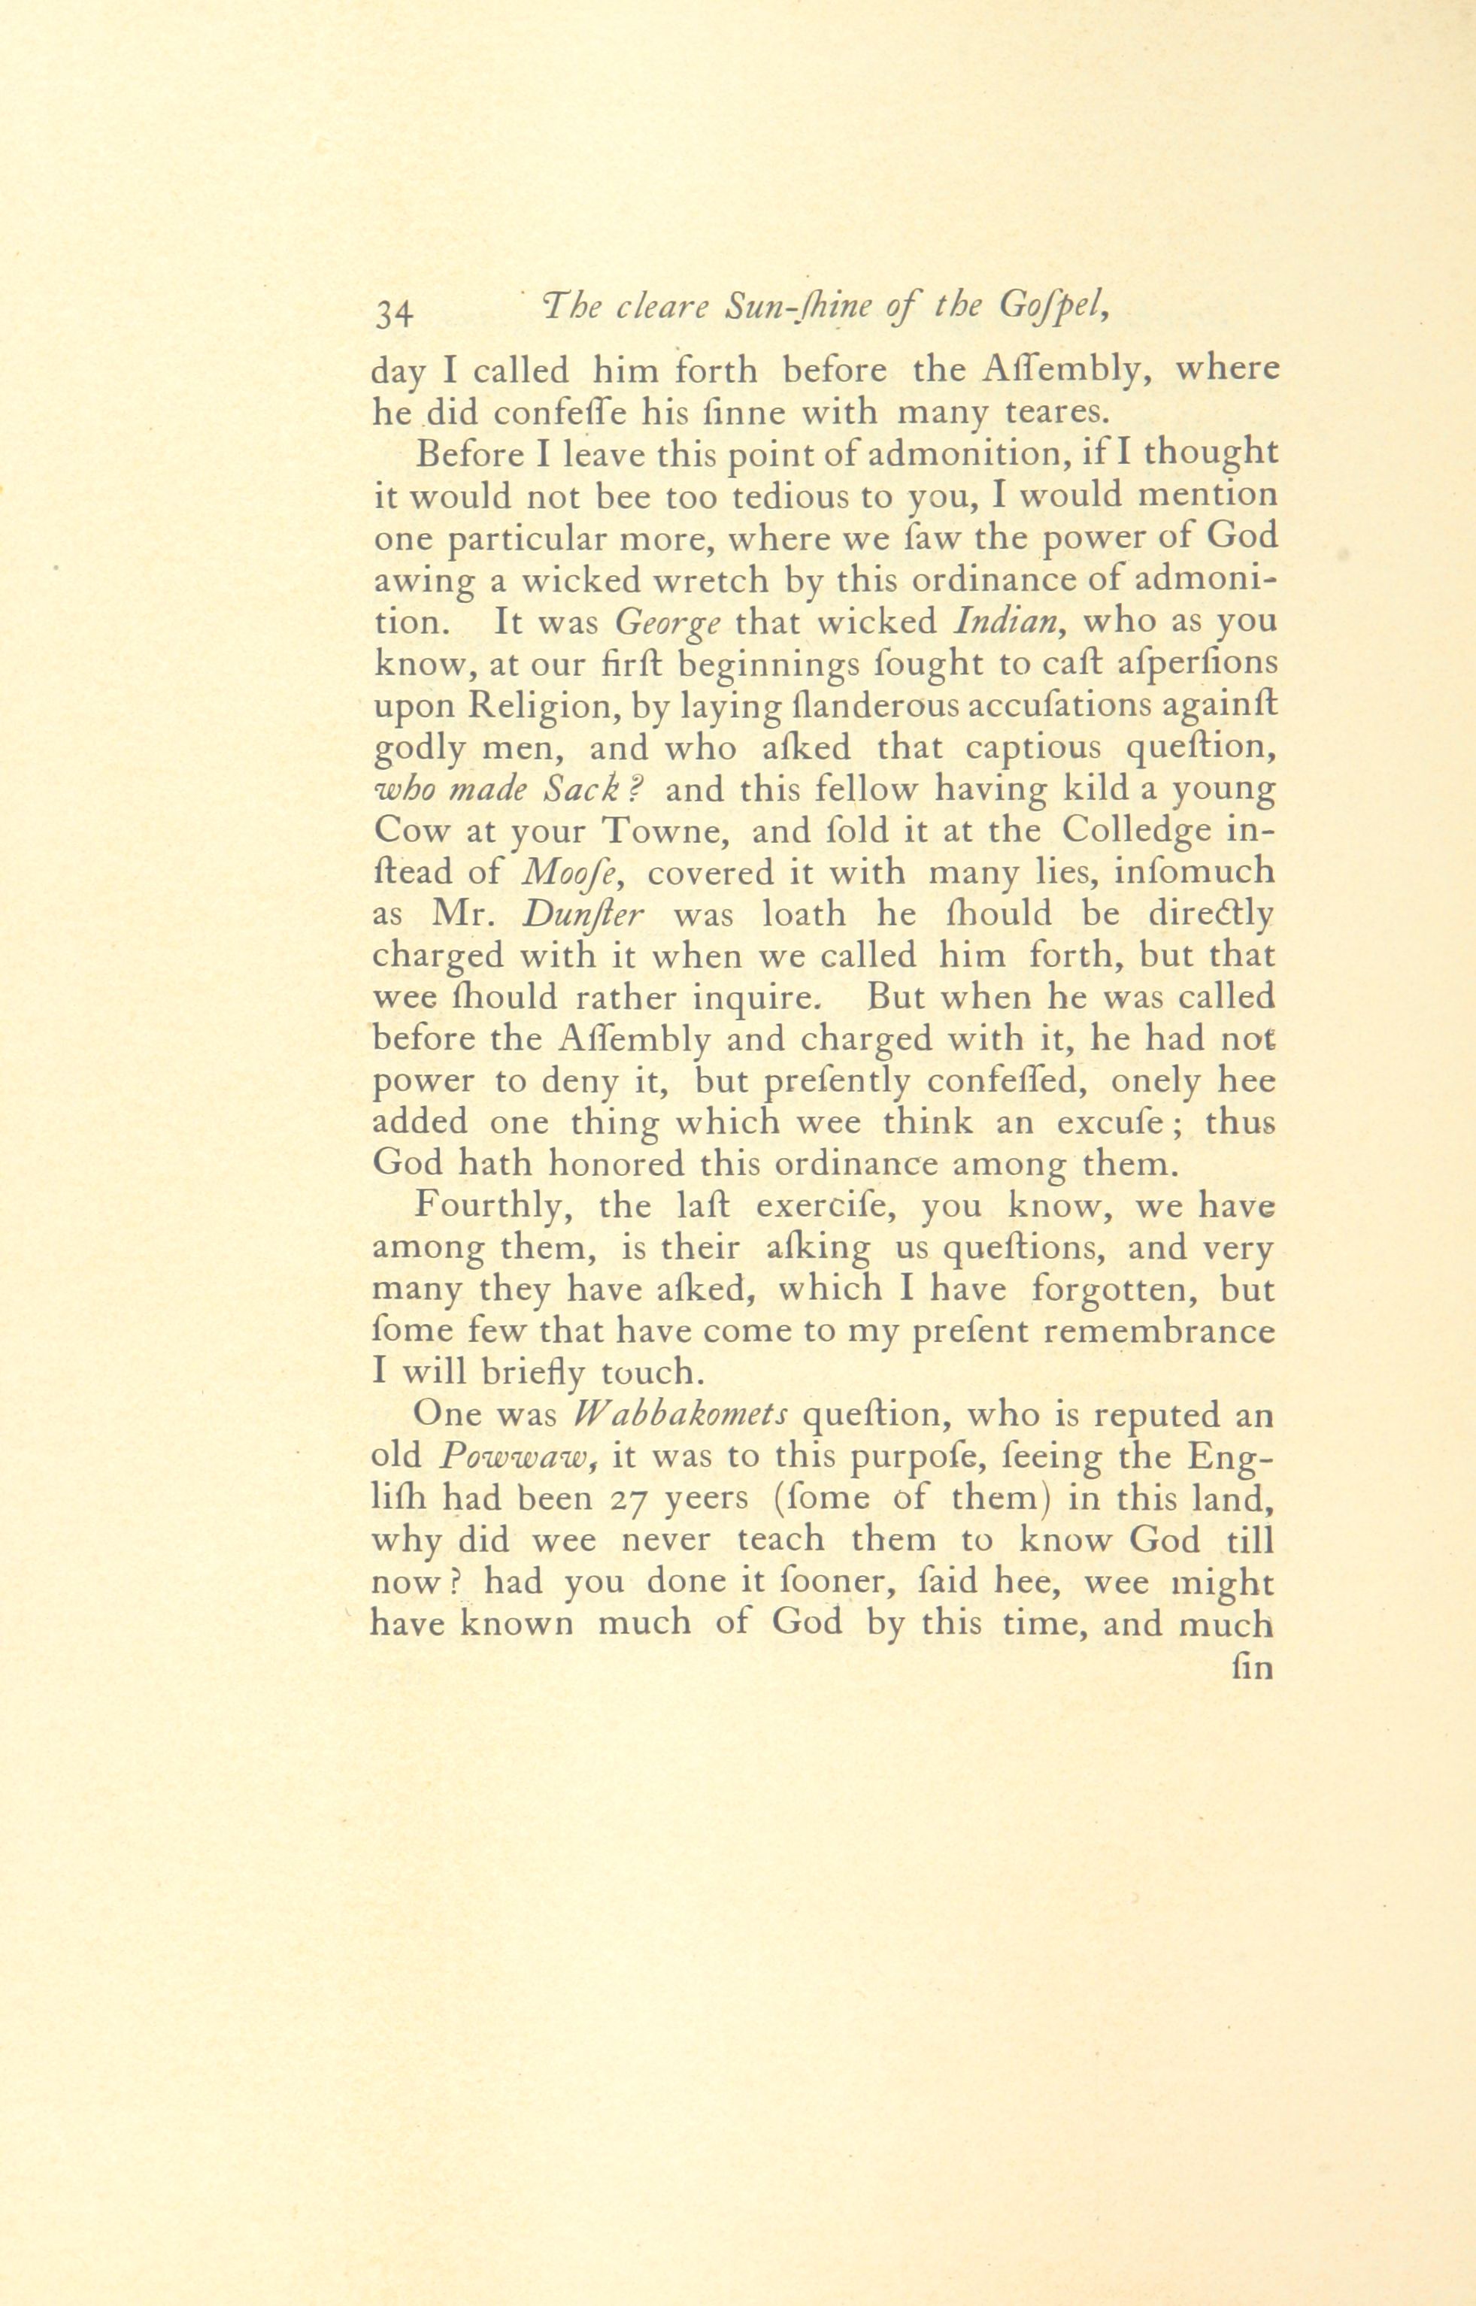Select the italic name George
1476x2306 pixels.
[667, 623]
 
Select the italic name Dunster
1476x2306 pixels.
[585, 914]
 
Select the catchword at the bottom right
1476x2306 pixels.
[1253, 1668]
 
